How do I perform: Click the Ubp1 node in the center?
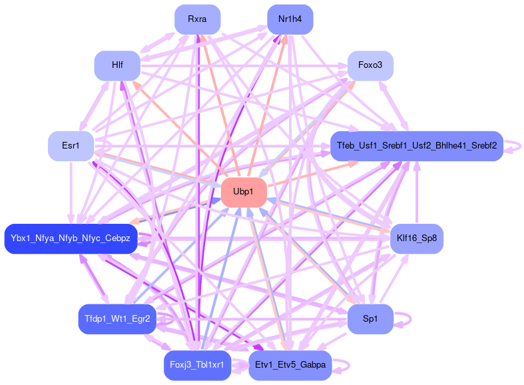[244, 192]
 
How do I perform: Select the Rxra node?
[197, 19]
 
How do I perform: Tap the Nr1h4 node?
[290, 19]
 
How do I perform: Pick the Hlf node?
[117, 65]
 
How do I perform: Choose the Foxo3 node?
[370, 65]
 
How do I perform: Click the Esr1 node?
[70, 146]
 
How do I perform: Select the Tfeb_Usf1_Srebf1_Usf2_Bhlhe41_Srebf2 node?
[416, 146]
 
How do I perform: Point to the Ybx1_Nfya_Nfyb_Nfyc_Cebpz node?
[71, 238]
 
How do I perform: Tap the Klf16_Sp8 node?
[416, 238]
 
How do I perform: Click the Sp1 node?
[370, 319]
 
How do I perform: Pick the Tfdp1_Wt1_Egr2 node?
[117, 319]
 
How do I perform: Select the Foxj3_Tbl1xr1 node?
[197, 365]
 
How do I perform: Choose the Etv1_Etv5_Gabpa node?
[290, 365]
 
